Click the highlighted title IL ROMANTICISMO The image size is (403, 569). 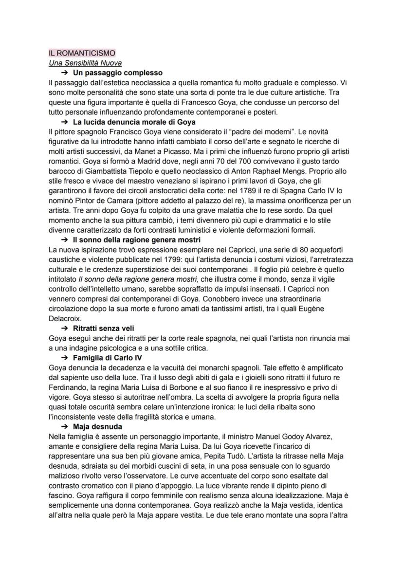click(x=82, y=53)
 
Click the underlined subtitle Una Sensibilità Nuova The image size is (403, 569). click(x=85, y=63)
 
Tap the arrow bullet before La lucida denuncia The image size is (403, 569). click(x=64, y=122)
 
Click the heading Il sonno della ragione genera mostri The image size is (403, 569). click(x=137, y=240)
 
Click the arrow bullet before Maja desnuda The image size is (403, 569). click(x=64, y=427)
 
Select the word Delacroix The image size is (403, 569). click(x=65, y=318)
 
